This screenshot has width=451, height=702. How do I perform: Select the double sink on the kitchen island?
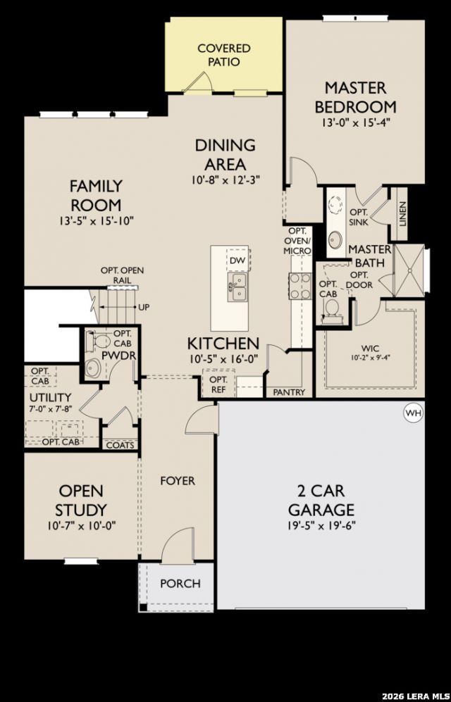tap(237, 288)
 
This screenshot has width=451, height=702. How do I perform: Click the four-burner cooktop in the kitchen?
tap(300, 286)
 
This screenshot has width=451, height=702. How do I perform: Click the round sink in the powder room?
tap(94, 368)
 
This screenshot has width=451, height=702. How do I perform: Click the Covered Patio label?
tap(224, 55)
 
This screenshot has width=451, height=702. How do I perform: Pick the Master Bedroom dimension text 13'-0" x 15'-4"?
tap(356, 123)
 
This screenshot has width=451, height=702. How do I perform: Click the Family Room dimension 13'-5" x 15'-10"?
tap(96, 220)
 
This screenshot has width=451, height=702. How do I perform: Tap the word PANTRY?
tap(289, 393)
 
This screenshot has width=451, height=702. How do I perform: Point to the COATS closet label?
tap(120, 445)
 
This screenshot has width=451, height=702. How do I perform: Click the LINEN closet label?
tap(402, 214)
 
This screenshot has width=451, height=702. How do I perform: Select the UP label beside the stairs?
tap(144, 308)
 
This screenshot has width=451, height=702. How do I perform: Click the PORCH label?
tap(180, 584)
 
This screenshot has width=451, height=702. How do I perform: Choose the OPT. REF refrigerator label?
tap(218, 384)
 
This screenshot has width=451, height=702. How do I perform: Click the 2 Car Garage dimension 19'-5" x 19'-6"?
tap(321, 526)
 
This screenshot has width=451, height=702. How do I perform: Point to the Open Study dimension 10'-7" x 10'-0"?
tap(81, 526)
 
